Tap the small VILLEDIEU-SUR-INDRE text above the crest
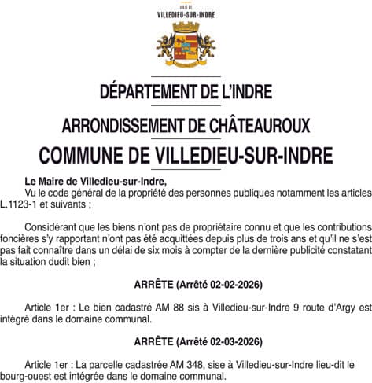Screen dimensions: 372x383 [186, 13]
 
